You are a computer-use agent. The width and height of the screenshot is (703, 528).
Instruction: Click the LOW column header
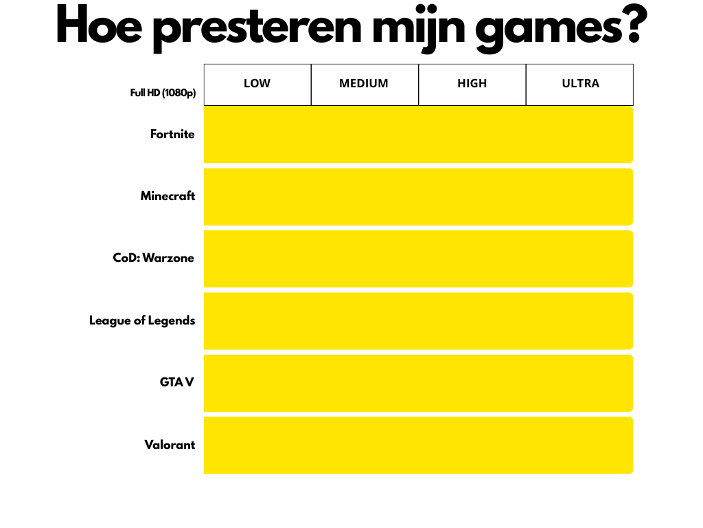(257, 83)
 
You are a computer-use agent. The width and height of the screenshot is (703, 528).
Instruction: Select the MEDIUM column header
(364, 83)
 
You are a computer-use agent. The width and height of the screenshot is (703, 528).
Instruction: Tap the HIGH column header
(472, 83)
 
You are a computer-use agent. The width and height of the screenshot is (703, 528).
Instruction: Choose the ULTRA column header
(581, 83)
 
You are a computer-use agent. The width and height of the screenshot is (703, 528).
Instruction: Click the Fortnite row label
(172, 134)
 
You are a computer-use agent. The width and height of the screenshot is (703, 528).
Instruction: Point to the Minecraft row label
(168, 196)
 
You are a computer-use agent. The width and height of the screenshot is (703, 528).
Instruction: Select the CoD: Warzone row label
(154, 258)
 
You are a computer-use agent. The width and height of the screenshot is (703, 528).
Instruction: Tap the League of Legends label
(142, 320)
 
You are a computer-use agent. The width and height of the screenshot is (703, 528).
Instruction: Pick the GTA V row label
(176, 382)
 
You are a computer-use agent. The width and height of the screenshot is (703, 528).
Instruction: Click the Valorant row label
(170, 445)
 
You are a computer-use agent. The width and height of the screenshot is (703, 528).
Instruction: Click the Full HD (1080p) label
(163, 93)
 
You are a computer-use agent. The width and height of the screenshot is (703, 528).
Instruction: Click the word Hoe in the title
(99, 25)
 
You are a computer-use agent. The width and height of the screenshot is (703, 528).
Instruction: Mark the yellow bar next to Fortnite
(418, 135)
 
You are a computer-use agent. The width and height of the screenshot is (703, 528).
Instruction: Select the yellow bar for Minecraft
(418, 197)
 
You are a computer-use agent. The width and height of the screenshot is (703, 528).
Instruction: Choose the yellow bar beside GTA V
(418, 383)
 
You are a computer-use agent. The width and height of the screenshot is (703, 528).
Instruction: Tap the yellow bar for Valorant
(418, 445)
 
